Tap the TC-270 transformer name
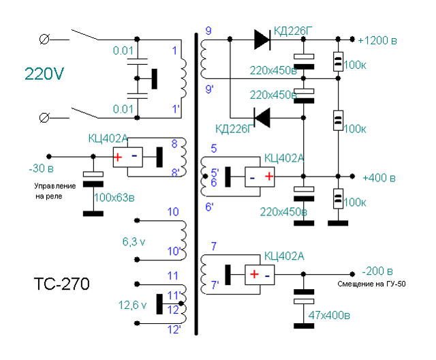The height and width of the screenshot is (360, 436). [61, 283]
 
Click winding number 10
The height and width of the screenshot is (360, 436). [173, 212]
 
